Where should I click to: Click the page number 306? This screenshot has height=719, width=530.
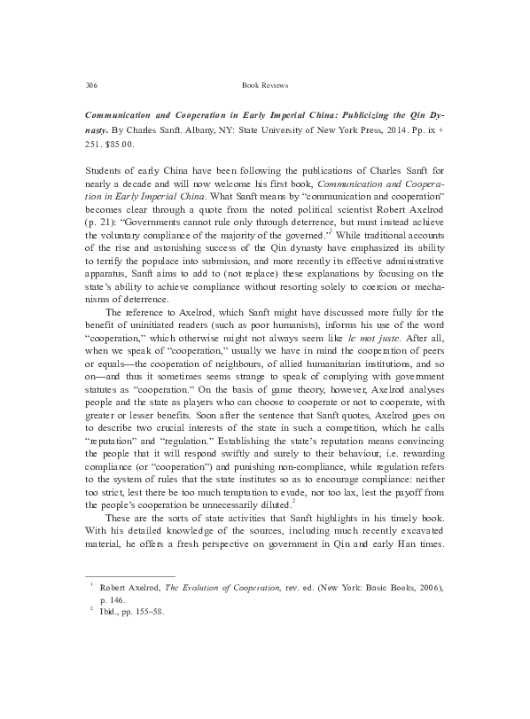[x=90, y=85]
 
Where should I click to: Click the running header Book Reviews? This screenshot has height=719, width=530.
[x=265, y=85]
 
